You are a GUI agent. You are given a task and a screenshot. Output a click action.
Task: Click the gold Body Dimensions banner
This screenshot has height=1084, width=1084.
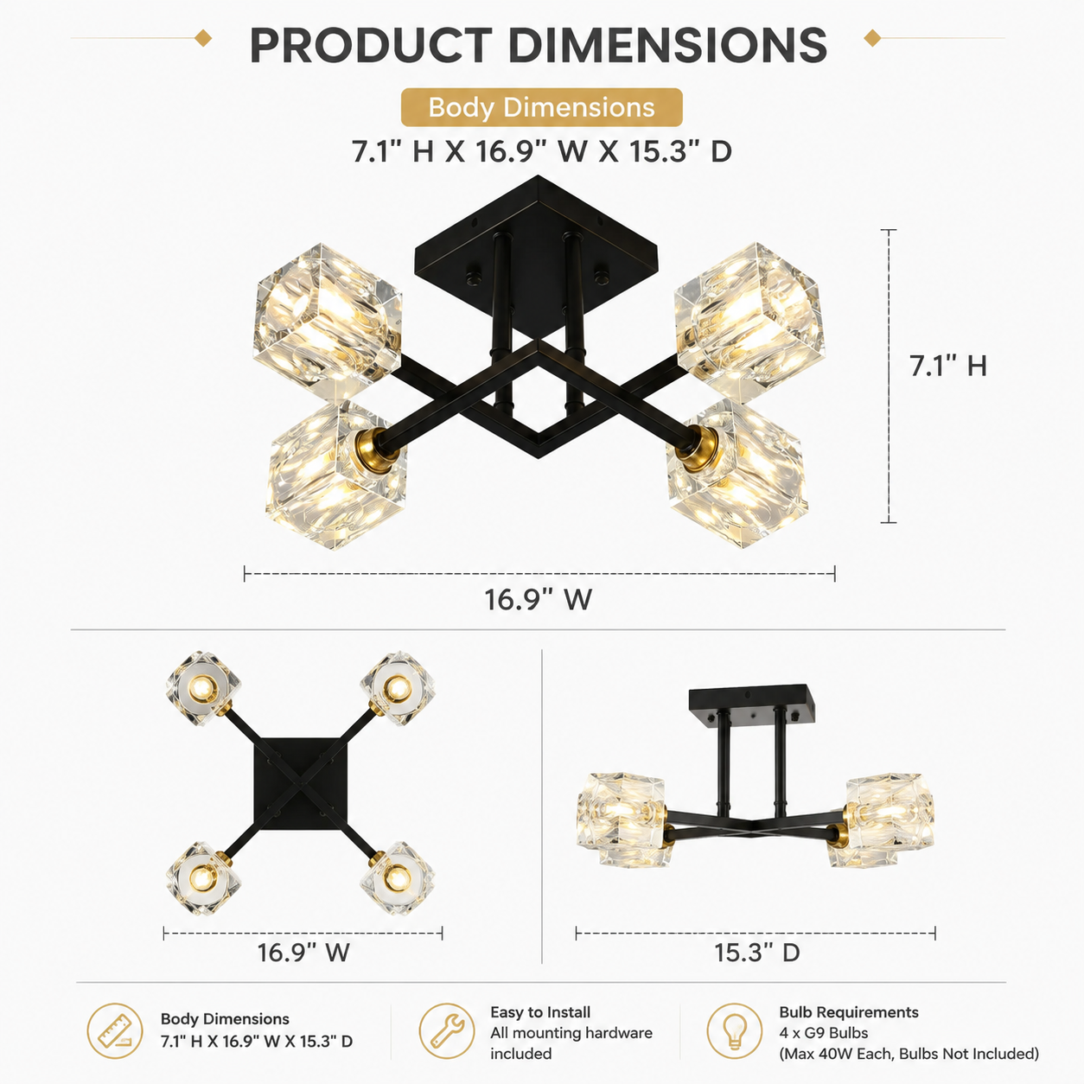(x=541, y=107)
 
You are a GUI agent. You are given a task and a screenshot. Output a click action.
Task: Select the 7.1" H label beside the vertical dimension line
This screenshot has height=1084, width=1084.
(x=948, y=366)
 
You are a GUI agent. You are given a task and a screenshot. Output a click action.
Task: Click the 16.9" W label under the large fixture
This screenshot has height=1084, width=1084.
(x=539, y=600)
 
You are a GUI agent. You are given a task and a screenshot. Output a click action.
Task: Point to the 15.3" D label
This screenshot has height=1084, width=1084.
(x=757, y=953)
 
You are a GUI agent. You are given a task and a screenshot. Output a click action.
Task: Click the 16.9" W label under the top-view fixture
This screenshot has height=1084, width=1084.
(x=303, y=953)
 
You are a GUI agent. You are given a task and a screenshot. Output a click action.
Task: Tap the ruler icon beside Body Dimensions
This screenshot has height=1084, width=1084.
(x=115, y=1030)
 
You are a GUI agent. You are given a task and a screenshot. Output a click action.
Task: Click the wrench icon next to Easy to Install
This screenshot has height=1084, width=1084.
(x=447, y=1030)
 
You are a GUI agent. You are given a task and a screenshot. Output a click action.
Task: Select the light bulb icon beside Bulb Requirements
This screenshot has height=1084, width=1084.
(x=735, y=1030)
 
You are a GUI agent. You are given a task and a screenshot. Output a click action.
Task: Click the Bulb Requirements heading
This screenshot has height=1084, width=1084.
(x=849, y=1012)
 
